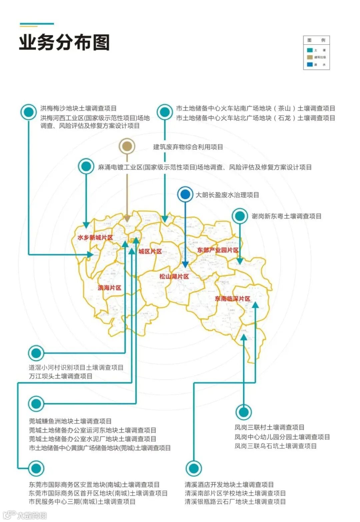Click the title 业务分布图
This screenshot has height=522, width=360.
click(64, 43)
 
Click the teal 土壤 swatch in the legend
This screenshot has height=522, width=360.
click(310, 50)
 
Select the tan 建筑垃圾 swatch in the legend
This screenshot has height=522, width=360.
click(310, 57)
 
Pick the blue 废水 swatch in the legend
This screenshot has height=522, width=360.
click(310, 64)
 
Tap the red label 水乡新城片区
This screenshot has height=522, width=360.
click(95, 238)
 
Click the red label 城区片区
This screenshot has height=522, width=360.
click(150, 251)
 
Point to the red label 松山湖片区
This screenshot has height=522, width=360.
click(174, 276)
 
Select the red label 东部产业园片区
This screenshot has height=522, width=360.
click(218, 250)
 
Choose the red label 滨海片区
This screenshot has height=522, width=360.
click(109, 288)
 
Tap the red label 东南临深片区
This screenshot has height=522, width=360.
click(232, 299)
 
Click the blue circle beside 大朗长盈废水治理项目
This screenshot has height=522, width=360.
click(185, 194)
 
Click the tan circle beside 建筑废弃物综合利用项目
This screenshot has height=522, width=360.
click(127, 146)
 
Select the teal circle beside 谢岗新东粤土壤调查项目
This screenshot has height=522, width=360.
click(239, 216)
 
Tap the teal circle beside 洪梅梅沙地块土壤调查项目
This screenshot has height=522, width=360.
click(29, 112)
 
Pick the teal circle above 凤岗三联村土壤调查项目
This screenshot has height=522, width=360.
click(244, 412)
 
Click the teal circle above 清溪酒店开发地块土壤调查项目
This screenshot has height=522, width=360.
click(193, 468)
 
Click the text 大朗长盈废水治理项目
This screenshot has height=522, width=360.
click(227, 195)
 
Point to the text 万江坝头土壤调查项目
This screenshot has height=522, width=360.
click(61, 376)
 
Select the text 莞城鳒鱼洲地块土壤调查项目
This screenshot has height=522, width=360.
click(70, 421)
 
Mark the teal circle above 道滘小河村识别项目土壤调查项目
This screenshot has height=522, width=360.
click(36, 353)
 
